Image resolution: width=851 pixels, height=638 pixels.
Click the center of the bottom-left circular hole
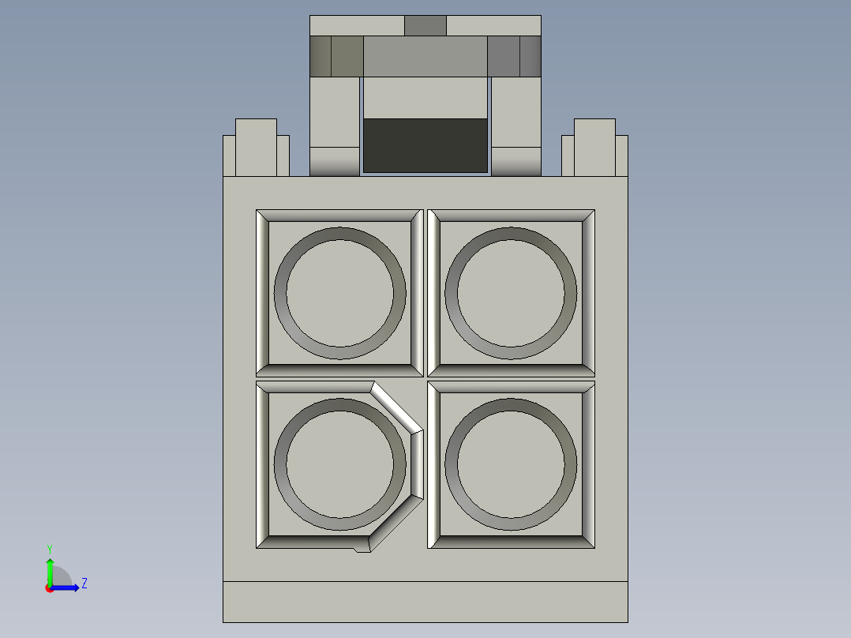tap(339, 464)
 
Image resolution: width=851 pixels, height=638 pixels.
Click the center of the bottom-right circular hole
tap(511, 464)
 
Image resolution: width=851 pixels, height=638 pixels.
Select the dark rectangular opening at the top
tap(425, 145)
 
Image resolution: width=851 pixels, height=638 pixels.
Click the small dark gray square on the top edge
tap(425, 25)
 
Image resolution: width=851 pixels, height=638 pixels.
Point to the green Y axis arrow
tap(50, 569)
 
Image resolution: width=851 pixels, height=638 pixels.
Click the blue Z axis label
tap(84, 584)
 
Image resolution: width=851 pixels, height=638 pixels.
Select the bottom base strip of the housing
tap(425, 602)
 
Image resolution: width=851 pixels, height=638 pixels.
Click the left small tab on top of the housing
tap(256, 148)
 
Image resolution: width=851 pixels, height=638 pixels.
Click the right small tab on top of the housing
tap(594, 148)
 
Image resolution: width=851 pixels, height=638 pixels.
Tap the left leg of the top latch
tap(335, 126)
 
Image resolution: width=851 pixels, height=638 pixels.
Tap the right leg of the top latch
tap(516, 126)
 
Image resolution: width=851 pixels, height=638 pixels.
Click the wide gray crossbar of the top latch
tap(425, 56)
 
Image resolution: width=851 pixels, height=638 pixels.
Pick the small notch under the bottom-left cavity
tap(362, 548)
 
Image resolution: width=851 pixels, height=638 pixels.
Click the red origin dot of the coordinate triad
tap(49, 588)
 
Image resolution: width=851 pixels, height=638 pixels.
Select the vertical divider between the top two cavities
tap(425, 292)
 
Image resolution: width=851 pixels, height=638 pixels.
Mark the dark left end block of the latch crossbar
tap(321, 56)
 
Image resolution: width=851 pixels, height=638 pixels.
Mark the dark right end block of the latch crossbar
tap(530, 56)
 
